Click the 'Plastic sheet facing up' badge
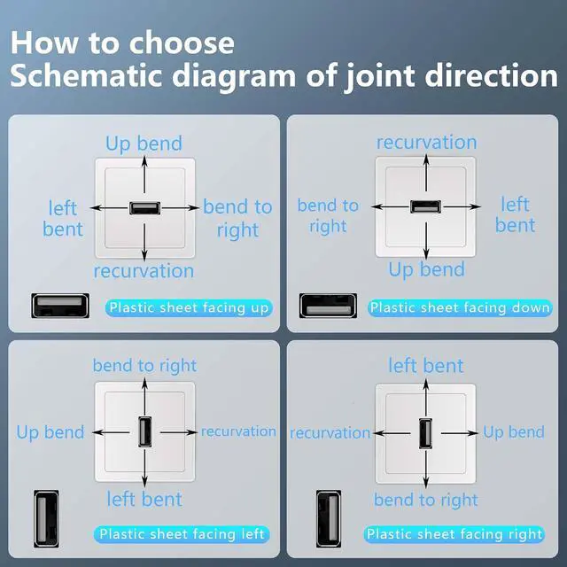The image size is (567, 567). (189, 308)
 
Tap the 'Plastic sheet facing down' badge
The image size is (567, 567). (460, 308)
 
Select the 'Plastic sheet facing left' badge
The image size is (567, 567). (182, 534)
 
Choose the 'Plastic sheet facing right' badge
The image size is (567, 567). (454, 534)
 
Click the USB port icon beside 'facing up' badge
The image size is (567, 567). (60, 306)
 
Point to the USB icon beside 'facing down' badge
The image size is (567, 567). (328, 306)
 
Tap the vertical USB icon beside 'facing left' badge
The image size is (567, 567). (46, 519)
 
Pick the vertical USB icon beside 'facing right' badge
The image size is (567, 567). (329, 519)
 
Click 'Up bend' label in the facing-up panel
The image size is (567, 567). (144, 144)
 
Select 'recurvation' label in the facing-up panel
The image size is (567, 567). (144, 271)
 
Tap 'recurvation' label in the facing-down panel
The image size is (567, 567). (427, 142)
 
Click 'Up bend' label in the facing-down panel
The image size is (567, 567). (427, 269)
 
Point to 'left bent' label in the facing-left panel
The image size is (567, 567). (144, 500)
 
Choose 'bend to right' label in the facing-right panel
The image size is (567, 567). (426, 501)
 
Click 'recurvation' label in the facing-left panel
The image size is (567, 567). (238, 431)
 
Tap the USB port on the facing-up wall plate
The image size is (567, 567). (144, 208)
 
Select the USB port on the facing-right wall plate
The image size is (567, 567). (426, 433)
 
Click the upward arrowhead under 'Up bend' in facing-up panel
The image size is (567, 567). (144, 160)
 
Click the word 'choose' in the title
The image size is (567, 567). (182, 43)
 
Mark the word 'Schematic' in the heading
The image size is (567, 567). (86, 75)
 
